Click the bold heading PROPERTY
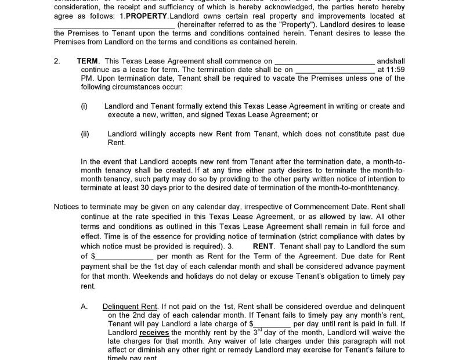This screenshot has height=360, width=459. [x=146, y=16]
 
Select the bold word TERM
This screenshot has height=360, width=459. [x=88, y=61]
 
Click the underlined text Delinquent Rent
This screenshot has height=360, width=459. [x=130, y=306]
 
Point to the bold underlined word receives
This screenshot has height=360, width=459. [x=154, y=332]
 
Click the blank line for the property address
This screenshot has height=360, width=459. [x=114, y=25]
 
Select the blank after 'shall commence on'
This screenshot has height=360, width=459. [x=324, y=61]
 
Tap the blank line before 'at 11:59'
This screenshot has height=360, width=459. [x=335, y=70]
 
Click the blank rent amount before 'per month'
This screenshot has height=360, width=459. [x=124, y=256]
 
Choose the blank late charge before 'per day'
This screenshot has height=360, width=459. [x=272, y=323]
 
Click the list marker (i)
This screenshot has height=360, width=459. [x=84, y=106]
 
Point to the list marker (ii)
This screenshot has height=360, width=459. [x=85, y=134]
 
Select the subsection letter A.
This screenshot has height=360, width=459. [x=84, y=306]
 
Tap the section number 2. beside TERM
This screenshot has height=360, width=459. [x=57, y=61]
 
